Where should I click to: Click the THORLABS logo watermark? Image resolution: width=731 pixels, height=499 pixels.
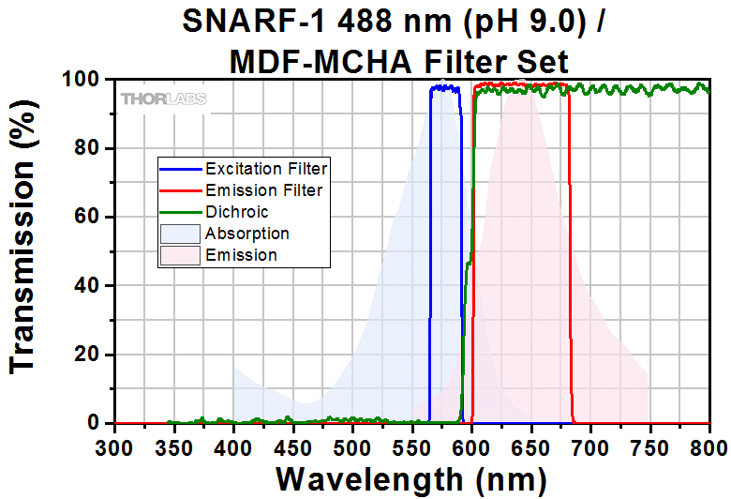pyautogui.click(x=163, y=98)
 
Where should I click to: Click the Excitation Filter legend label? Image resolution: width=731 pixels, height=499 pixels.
pyautogui.click(x=266, y=170)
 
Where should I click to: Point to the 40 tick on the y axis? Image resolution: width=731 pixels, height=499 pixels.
pyautogui.click(x=91, y=286)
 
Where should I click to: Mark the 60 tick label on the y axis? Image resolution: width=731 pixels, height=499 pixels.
pyautogui.click(x=91, y=217)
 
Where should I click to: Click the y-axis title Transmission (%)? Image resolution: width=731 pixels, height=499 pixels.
pyautogui.click(x=26, y=251)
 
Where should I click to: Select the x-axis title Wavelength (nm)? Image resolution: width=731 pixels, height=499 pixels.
pyautogui.click(x=410, y=478)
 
